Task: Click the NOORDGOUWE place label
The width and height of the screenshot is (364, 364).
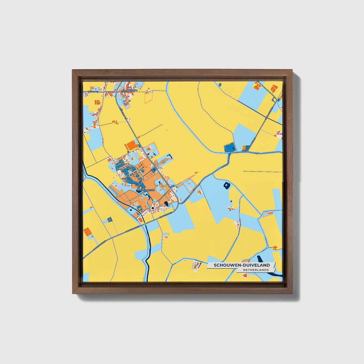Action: pyautogui.click(x=128, y=90)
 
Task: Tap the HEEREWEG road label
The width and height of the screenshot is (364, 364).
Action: pyautogui.click(x=92, y=92)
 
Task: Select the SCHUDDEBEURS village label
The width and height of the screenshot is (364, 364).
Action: pyautogui.click(x=146, y=190)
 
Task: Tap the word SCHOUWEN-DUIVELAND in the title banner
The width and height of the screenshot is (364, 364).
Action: pyautogui.click(x=242, y=265)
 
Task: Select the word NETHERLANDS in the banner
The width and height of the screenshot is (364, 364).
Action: pyautogui.click(x=256, y=270)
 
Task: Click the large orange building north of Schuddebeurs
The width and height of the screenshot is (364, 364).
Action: pyautogui.click(x=131, y=145)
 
